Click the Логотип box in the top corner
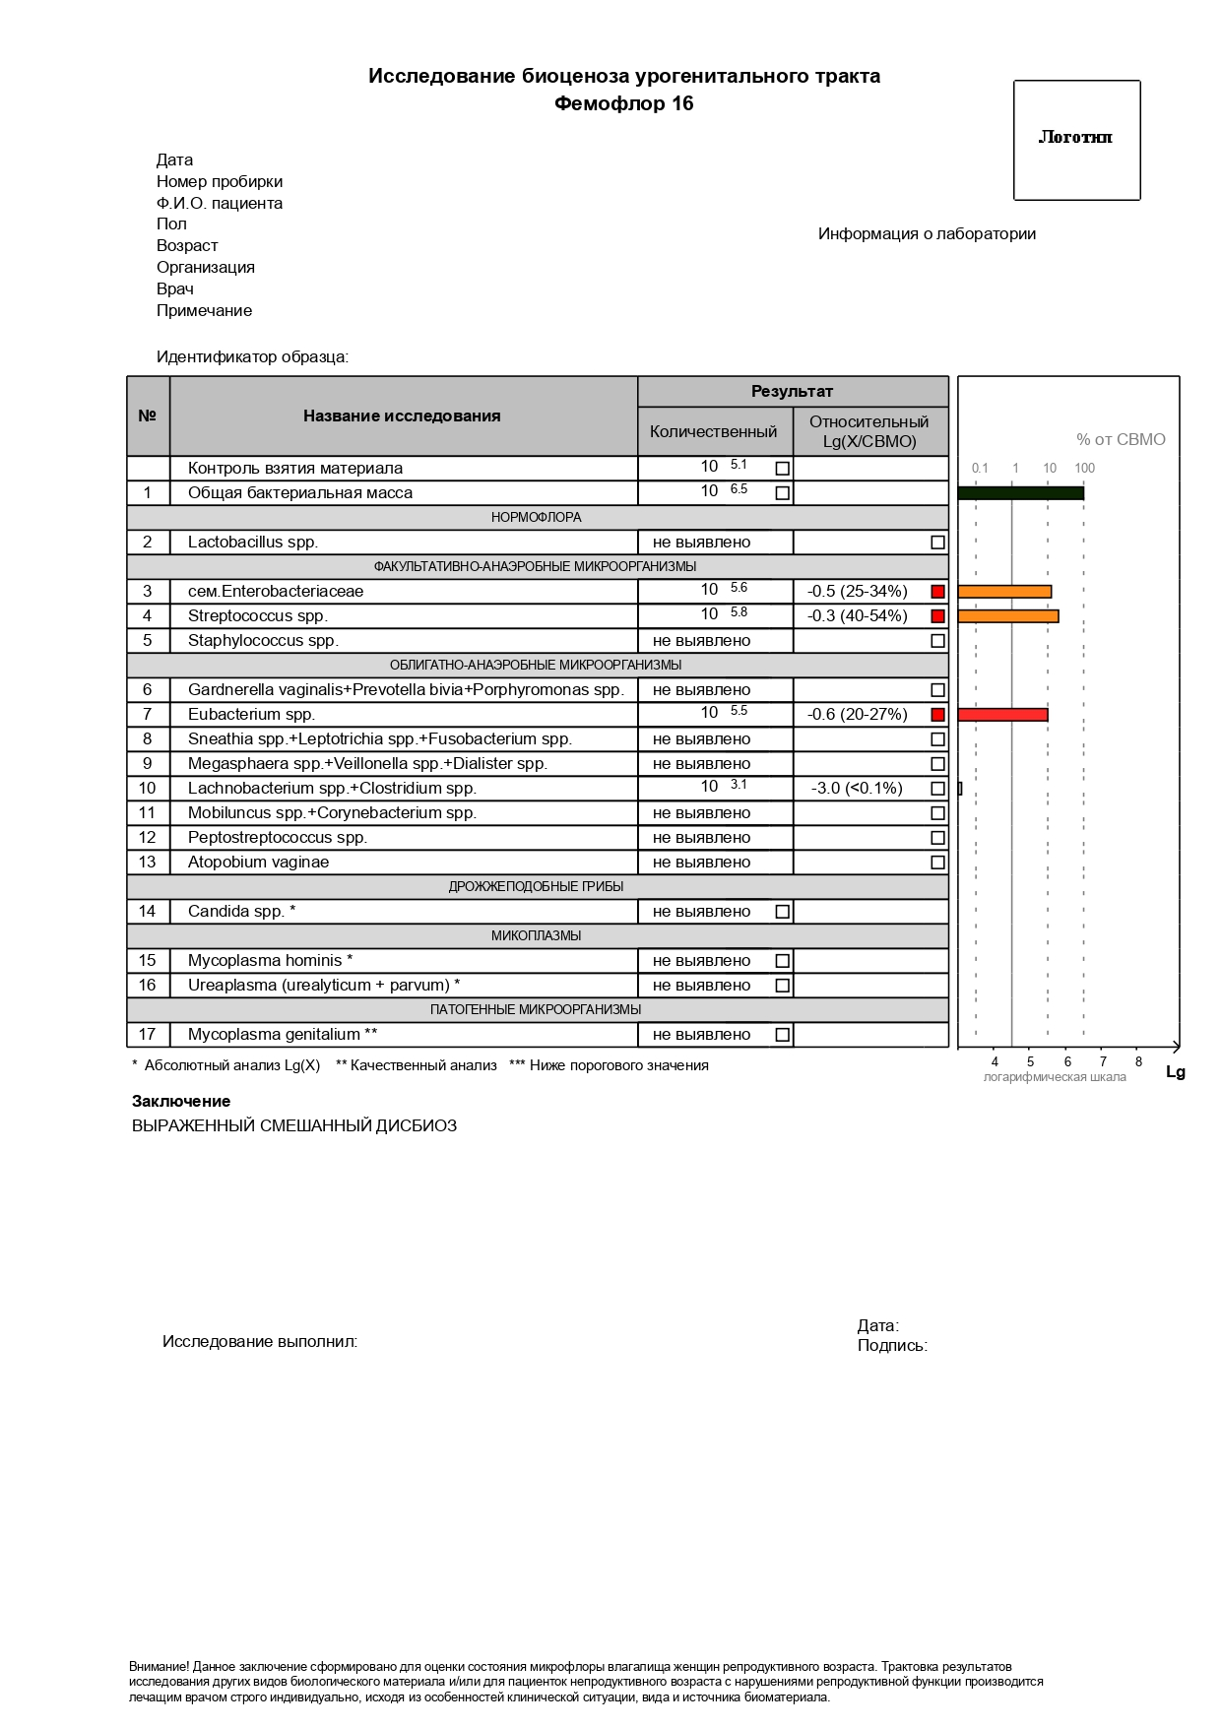pos(1076,140)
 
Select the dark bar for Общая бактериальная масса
pos(1020,493)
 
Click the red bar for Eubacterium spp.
pos(1002,715)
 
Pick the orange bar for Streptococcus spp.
pos(1007,616)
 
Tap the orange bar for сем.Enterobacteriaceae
pos(1004,592)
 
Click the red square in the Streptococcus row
pos(937,616)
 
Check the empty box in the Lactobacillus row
pos(937,543)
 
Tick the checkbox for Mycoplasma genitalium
pos(782,1035)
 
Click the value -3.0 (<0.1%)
pos(857,789)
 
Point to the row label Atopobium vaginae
pos(259,863)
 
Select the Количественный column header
pos(713,431)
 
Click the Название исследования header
pos(402,416)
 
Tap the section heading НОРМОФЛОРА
pos(537,517)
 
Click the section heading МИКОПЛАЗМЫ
pos(537,935)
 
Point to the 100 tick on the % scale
pos(1084,469)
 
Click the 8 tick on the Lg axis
pos(1138,1061)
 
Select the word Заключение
pos(181,1102)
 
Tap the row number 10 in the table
pos(147,789)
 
